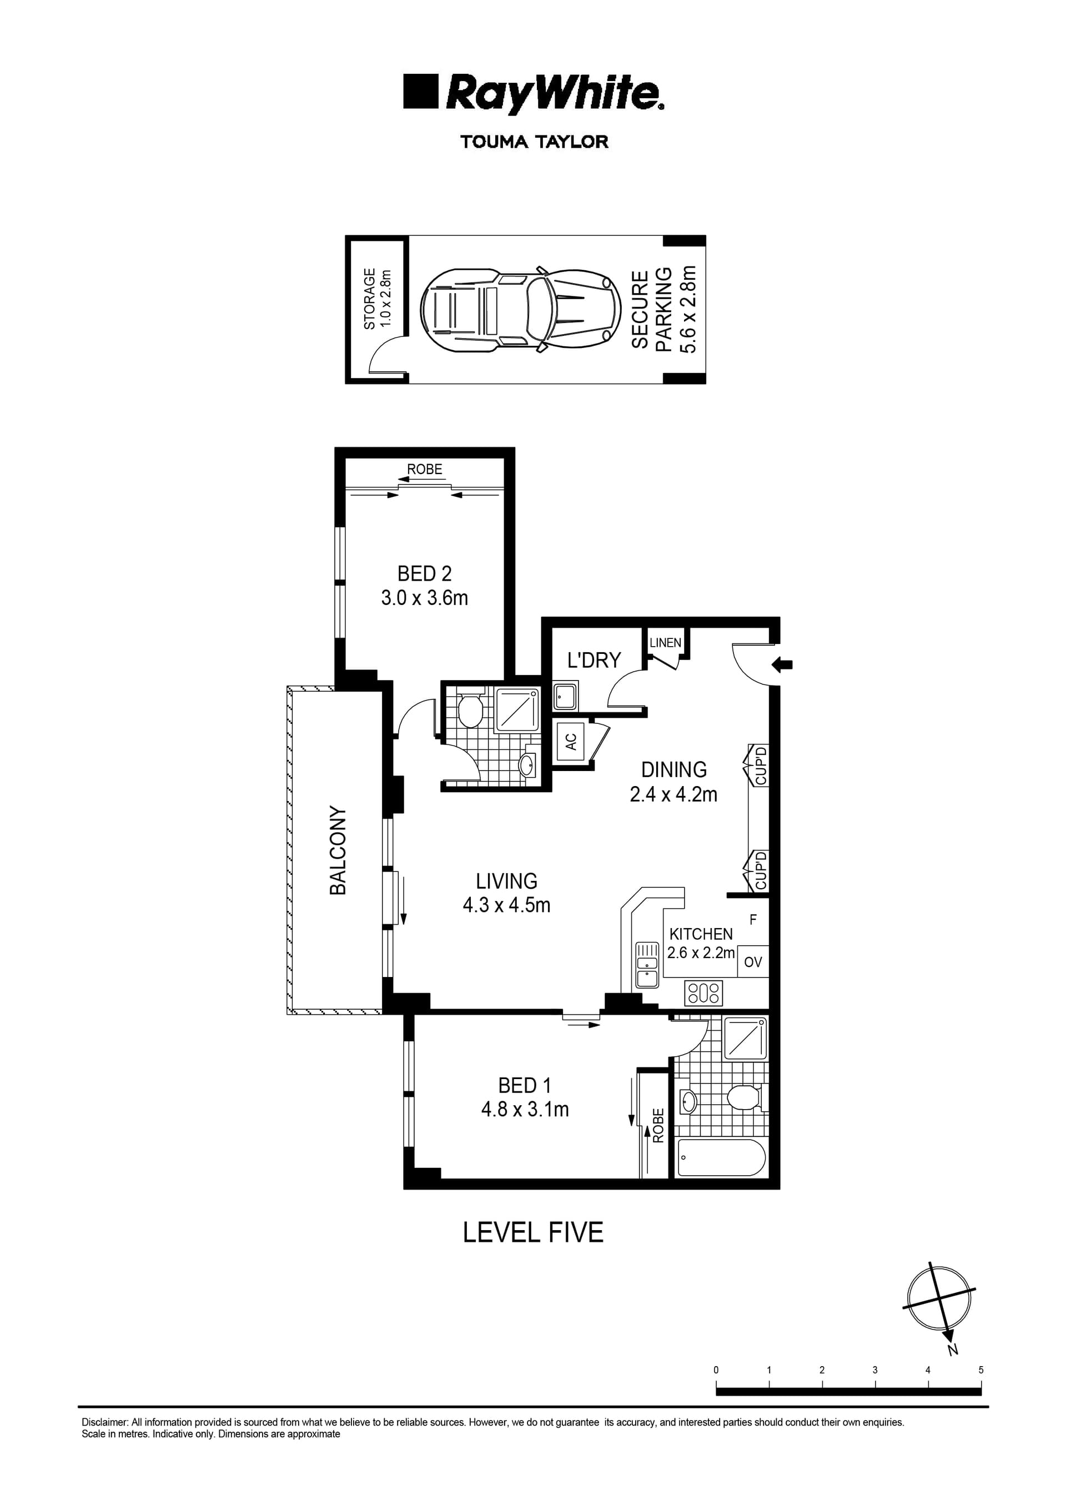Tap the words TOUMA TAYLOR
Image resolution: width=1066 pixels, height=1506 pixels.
tap(534, 142)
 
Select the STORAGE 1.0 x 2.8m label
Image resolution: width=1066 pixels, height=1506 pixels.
tap(377, 299)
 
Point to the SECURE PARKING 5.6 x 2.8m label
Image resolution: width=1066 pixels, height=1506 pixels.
tap(663, 310)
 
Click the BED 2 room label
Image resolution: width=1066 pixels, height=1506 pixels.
tap(424, 585)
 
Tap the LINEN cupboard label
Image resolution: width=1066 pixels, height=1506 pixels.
tap(665, 642)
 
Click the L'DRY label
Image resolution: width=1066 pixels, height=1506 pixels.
tap(594, 660)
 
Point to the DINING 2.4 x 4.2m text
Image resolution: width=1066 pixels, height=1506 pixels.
tap(673, 782)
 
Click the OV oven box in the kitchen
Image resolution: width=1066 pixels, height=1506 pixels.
tap(753, 962)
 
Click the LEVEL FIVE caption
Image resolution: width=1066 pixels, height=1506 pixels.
tap(532, 1232)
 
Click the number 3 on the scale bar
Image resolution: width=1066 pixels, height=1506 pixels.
tap(874, 1370)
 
